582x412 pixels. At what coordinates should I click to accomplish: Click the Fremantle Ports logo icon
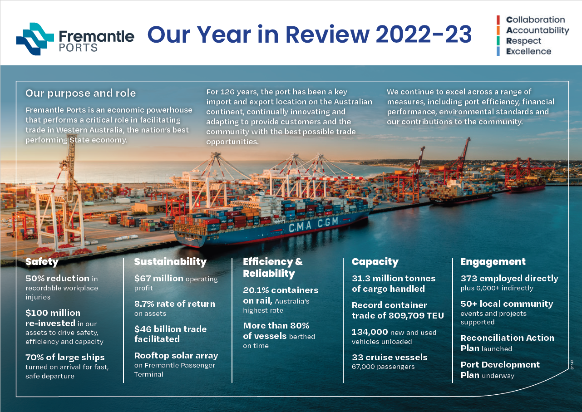tap(35, 39)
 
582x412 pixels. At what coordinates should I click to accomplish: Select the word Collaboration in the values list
tap(536, 20)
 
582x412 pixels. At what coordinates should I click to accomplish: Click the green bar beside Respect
tap(498, 41)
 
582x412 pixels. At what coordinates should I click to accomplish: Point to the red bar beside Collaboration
tap(498, 20)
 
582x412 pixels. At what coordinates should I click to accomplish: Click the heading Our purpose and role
tap(80, 93)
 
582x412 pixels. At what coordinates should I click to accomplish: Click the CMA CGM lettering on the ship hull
tap(313, 225)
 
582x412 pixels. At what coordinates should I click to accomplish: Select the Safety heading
tap(42, 262)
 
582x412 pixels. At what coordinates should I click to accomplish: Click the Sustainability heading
tap(170, 262)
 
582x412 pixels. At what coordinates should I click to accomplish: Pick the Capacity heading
tap(375, 262)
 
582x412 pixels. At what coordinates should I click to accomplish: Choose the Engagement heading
tap(493, 262)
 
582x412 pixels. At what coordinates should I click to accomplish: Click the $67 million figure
tap(159, 278)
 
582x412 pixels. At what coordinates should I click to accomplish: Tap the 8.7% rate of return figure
tap(175, 304)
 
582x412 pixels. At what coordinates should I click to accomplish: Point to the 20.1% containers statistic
tap(281, 290)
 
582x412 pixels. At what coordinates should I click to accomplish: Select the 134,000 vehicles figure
tap(370, 332)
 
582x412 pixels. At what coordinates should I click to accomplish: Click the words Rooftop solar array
tap(176, 356)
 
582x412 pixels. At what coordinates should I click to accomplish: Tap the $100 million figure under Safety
tap(53, 313)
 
